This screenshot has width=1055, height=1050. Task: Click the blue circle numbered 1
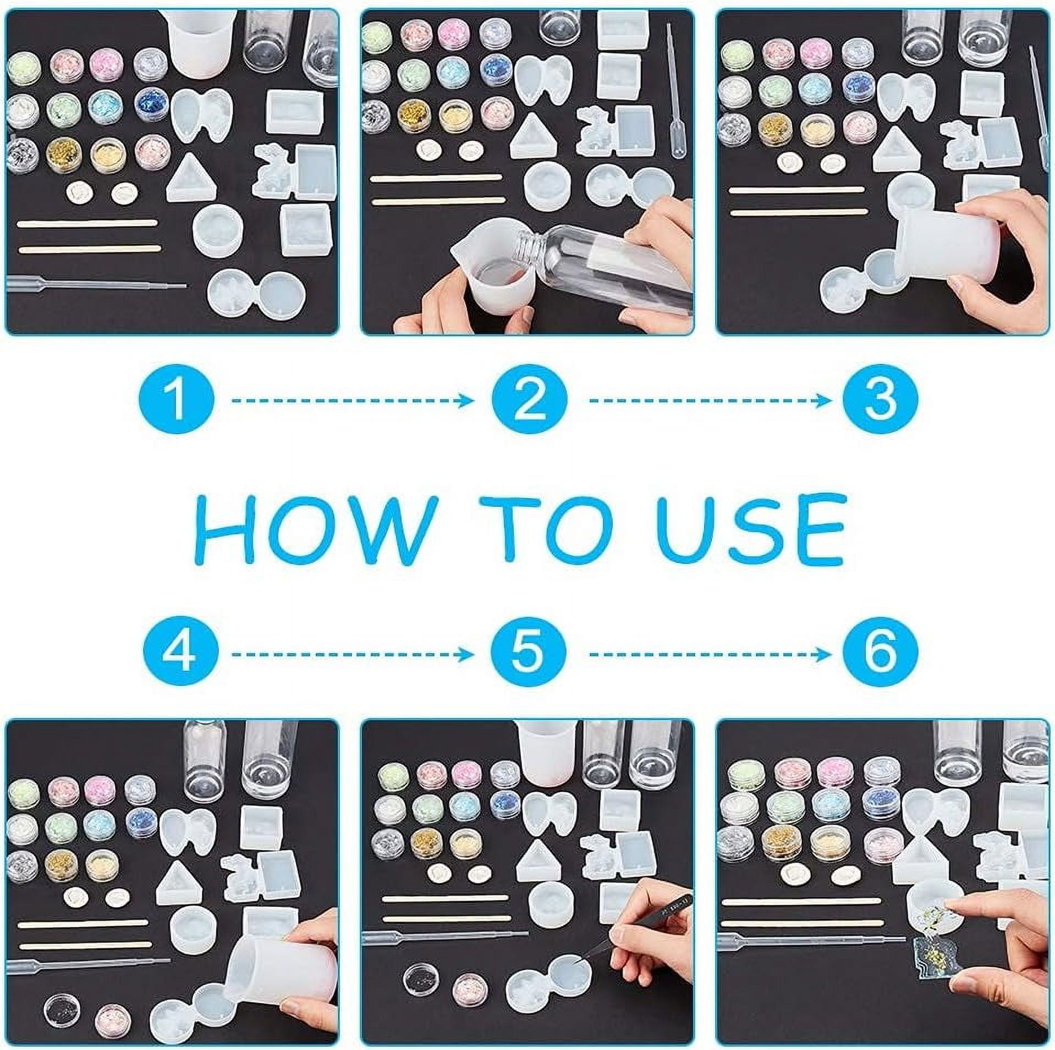tap(175, 401)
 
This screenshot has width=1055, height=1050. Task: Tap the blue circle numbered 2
tap(529, 401)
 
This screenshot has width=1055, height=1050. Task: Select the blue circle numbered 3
tap(880, 401)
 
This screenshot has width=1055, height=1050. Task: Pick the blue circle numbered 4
tap(175, 654)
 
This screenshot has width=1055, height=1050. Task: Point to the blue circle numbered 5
tap(529, 654)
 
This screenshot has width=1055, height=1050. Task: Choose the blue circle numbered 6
tap(880, 654)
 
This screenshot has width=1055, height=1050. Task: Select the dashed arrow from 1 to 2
tap(352, 401)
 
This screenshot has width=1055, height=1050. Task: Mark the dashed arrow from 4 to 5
tap(352, 654)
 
